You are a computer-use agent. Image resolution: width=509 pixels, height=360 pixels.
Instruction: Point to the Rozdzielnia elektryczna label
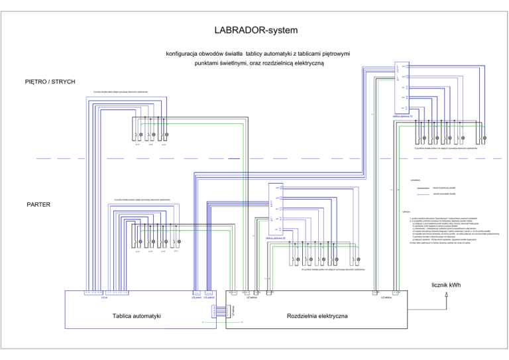pyautogui.click(x=317, y=316)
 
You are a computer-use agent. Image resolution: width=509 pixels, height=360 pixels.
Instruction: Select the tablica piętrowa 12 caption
pyautogui.click(x=403, y=116)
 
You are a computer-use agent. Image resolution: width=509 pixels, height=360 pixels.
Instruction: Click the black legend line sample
pyautogui.click(x=422, y=188)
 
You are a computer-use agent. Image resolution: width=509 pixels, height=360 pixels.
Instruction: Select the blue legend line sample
pyautogui.click(x=422, y=194)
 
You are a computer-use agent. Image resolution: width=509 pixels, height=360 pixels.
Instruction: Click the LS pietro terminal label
pyautogui.click(x=196, y=298)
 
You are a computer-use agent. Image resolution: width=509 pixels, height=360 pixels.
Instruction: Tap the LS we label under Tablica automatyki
pyautogui.click(x=105, y=298)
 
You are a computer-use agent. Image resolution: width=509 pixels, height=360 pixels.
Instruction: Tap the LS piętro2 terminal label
pyautogui.click(x=209, y=298)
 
